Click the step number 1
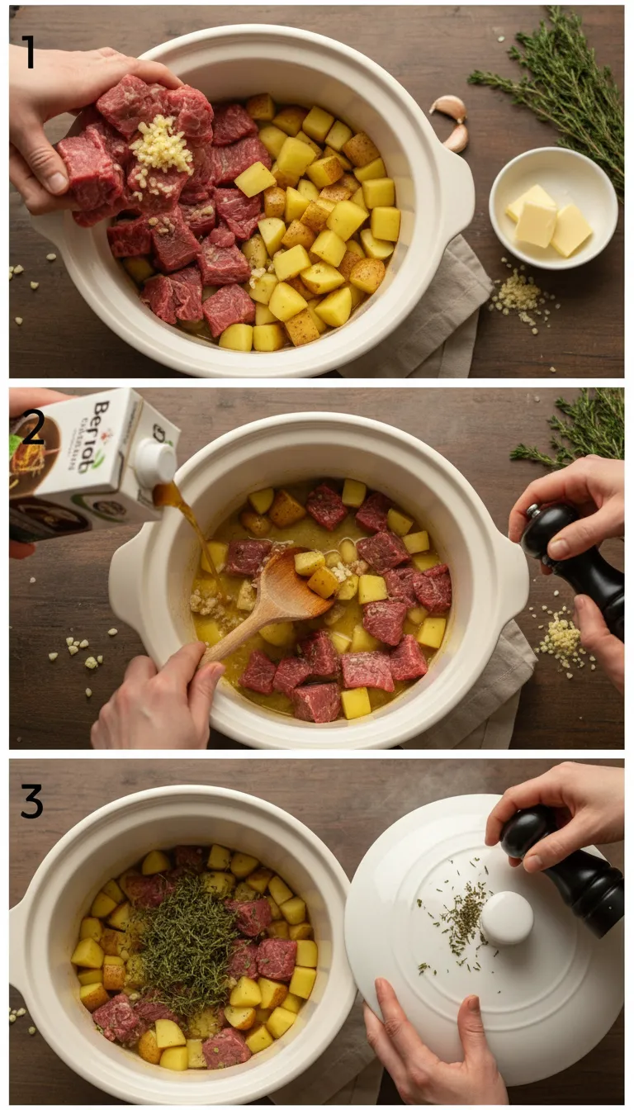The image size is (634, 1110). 28,53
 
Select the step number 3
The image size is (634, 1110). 31,802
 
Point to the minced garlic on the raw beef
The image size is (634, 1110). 161,149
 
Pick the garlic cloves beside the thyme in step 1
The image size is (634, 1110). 452,121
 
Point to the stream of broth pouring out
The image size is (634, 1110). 186,512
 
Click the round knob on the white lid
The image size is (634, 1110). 507,918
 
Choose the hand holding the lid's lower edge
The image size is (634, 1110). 429,1049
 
